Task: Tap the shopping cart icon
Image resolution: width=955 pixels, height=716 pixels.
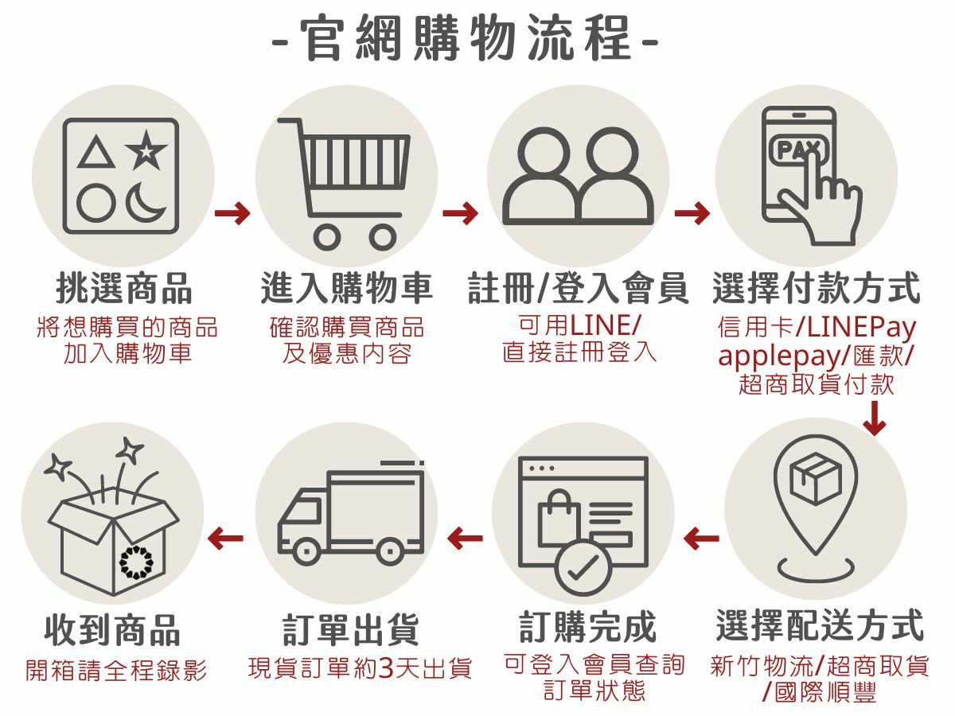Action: click(x=347, y=183)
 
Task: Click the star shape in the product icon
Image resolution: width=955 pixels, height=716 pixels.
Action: click(x=146, y=150)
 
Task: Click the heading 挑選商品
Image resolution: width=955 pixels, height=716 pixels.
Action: click(x=123, y=288)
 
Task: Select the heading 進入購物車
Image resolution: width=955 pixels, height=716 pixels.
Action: click(x=347, y=288)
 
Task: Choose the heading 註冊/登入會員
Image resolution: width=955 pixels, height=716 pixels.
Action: click(x=579, y=288)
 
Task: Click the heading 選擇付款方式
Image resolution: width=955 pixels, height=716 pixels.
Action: click(x=816, y=288)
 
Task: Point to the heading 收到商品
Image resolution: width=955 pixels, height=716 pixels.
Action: click(x=112, y=629)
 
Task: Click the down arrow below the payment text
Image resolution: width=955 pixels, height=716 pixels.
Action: click(x=875, y=419)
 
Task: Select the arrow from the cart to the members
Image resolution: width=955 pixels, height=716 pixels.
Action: click(x=460, y=213)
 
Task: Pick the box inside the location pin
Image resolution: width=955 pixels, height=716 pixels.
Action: click(x=816, y=478)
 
